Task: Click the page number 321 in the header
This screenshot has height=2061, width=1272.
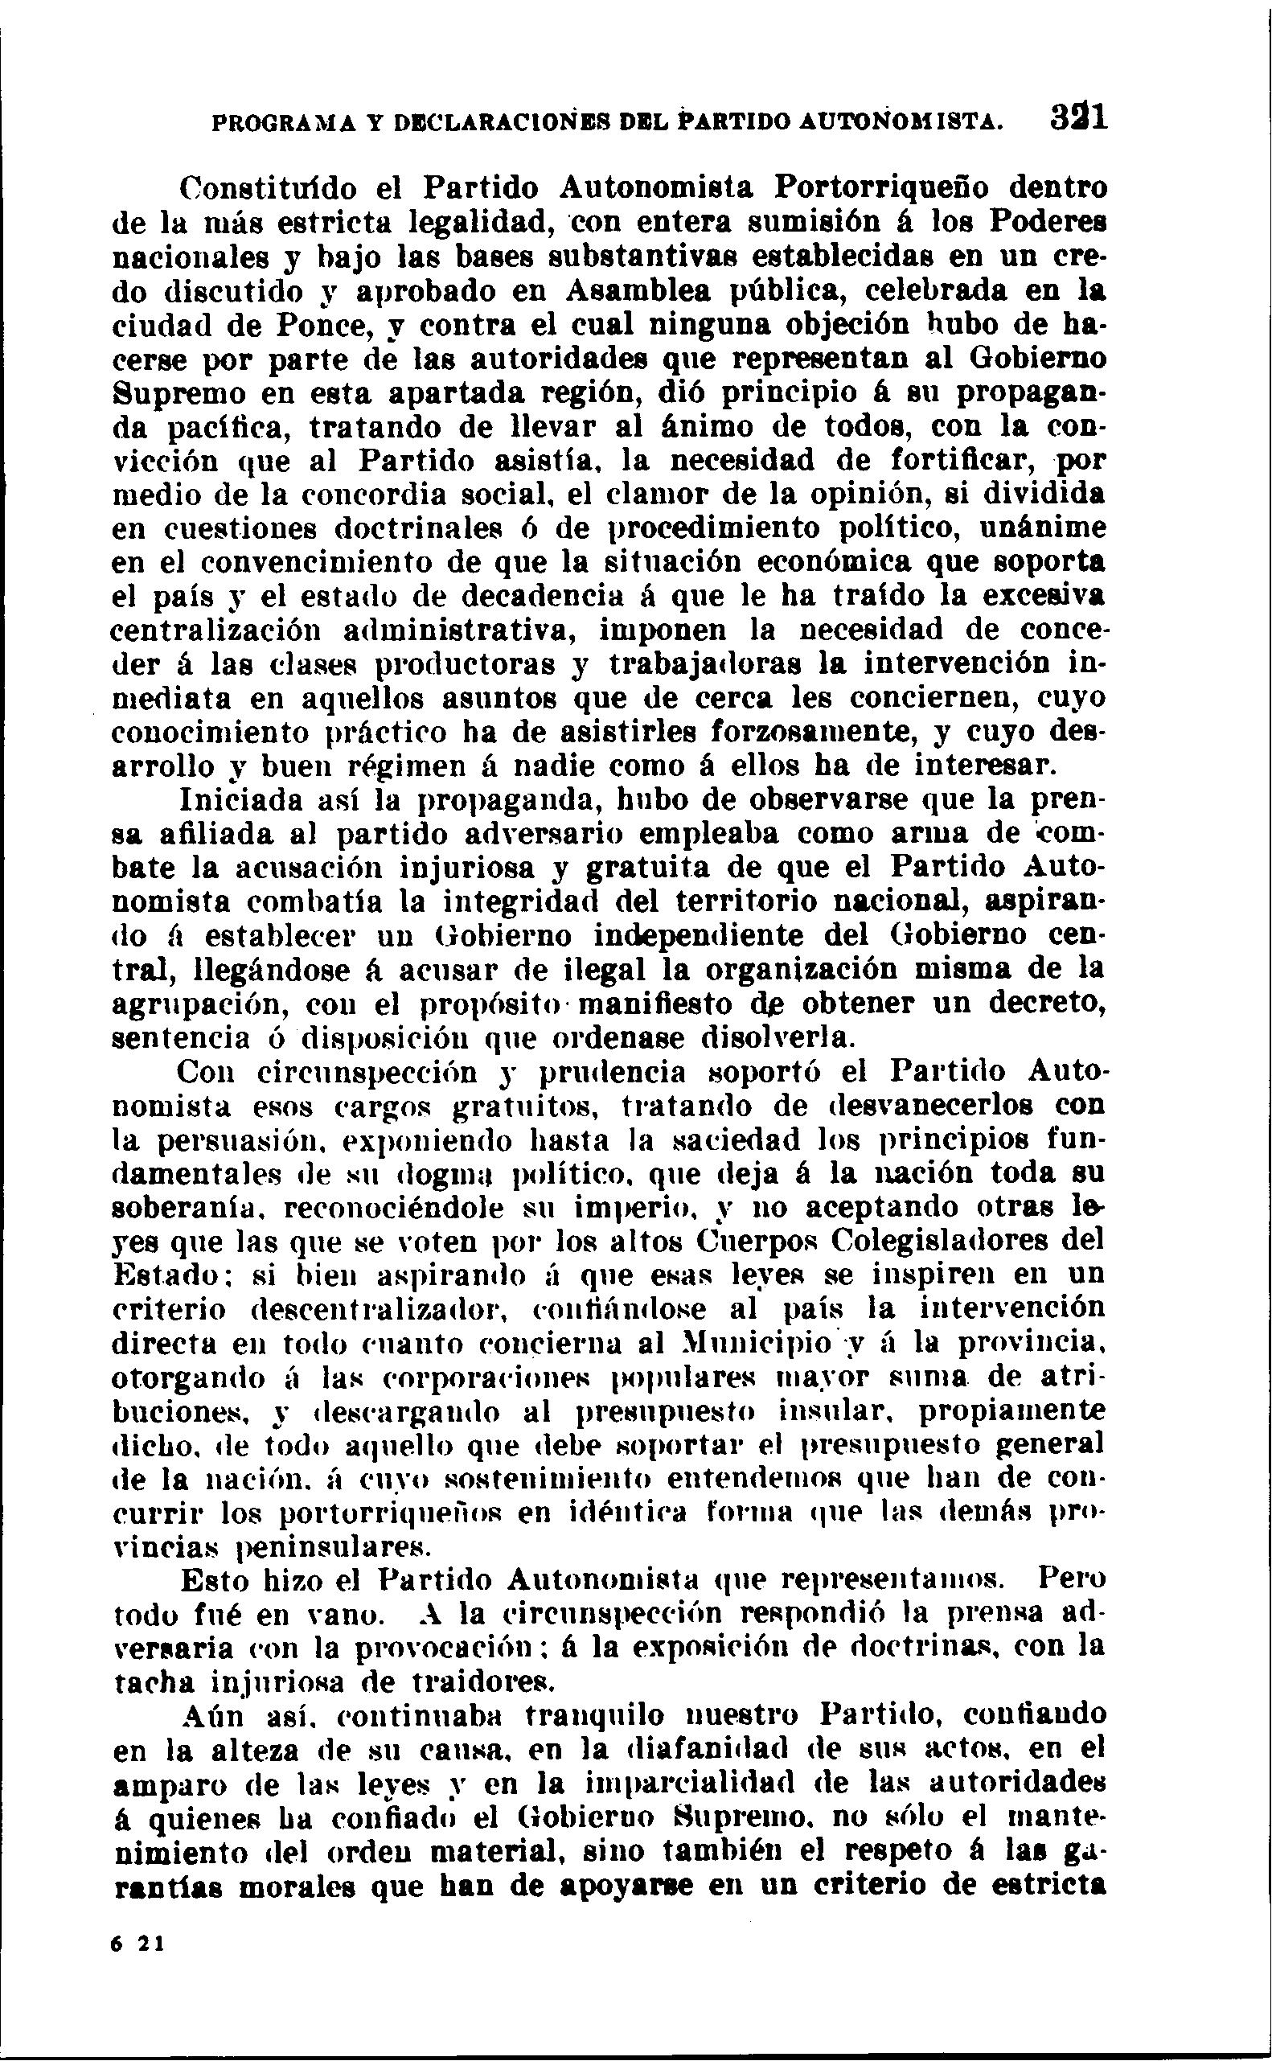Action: click(x=1079, y=117)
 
